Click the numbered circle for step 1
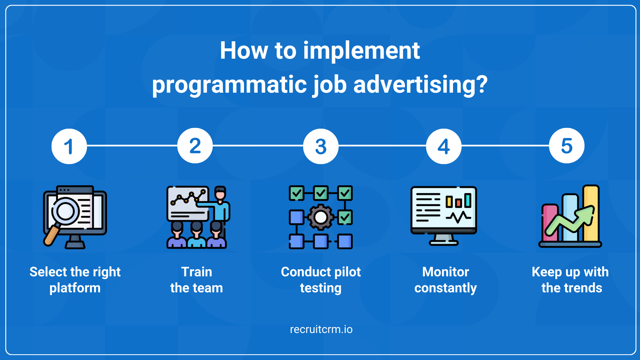[x=69, y=146]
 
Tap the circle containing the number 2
[x=195, y=146]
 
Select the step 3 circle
[x=321, y=146]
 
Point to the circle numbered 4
[x=444, y=146]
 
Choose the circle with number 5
[x=567, y=146]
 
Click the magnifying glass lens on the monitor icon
[x=66, y=211]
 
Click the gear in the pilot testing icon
[x=321, y=217]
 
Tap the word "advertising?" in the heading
[x=420, y=85]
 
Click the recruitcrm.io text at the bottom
[x=321, y=329]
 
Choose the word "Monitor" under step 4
[x=445, y=272]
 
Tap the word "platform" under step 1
[x=75, y=288]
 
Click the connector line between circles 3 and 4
[x=382, y=146]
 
